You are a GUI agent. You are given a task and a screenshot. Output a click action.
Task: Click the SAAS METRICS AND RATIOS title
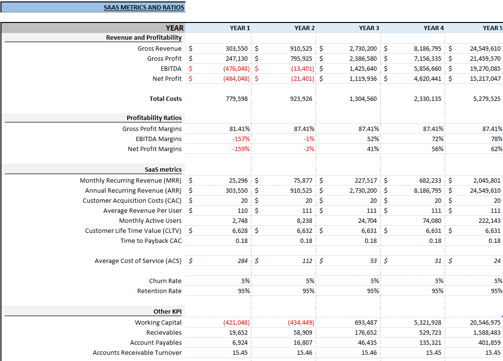pos(144,8)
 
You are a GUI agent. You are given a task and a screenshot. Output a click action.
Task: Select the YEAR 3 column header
pos(369,28)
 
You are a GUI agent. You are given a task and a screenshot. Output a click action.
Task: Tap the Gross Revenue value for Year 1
pos(237,48)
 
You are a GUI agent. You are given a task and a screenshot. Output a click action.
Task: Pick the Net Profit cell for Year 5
pos(485,78)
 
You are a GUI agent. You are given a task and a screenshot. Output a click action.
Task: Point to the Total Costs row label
pos(165,98)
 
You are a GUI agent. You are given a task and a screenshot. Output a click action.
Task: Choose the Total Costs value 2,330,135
pos(428,98)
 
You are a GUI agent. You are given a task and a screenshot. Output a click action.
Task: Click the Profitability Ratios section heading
pos(154,118)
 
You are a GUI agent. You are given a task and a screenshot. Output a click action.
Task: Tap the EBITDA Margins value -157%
pos(241,139)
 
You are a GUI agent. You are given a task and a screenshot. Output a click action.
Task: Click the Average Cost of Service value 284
pos(242,261)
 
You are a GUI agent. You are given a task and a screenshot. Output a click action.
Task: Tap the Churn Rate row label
pos(165,281)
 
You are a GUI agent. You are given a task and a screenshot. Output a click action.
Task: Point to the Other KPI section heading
pos(167,311)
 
